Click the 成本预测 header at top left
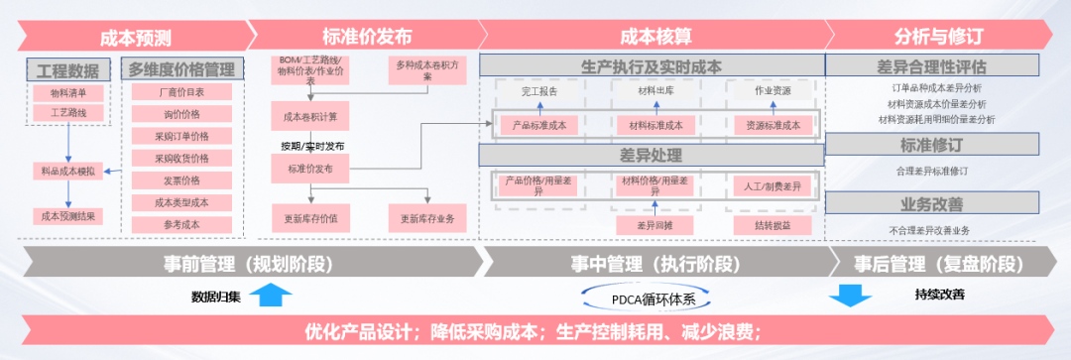tap(136, 38)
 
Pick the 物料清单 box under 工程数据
tap(68, 93)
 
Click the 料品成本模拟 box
tap(68, 172)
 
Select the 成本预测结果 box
tap(68, 215)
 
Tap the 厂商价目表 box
tap(181, 92)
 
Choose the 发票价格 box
tap(181, 180)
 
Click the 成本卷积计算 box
tap(310, 117)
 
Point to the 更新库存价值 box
tap(310, 218)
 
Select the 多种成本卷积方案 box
tap(426, 70)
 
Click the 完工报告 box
tap(539, 91)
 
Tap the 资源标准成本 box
tap(773, 125)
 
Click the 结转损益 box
tap(773, 225)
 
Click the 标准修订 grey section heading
tap(931, 145)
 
